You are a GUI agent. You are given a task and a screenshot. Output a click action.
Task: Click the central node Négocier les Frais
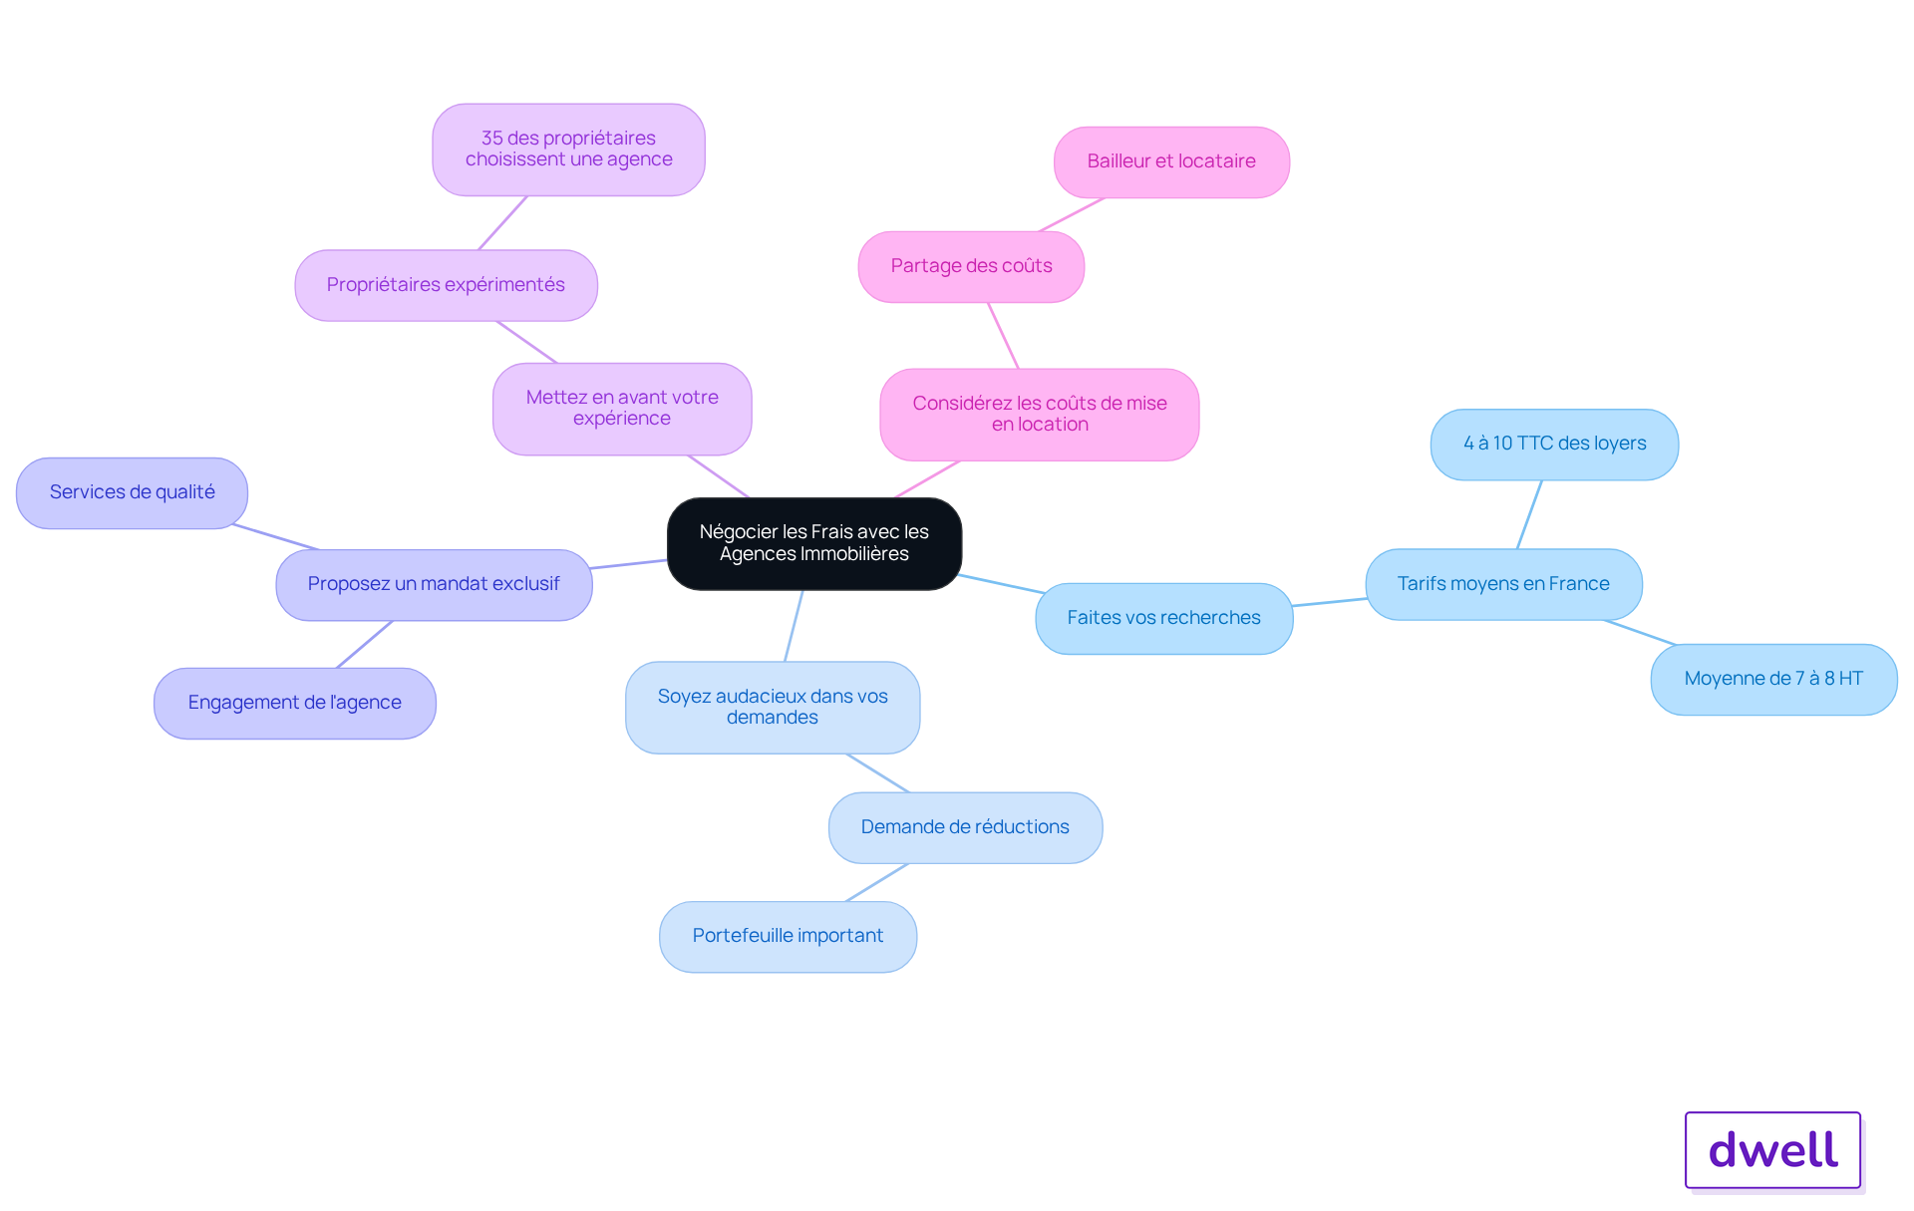pyautogui.click(x=814, y=543)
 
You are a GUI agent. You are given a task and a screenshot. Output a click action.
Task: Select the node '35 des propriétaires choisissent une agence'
pyautogui.click(x=568, y=150)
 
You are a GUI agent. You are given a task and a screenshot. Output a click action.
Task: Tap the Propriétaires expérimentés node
pyautogui.click(x=446, y=285)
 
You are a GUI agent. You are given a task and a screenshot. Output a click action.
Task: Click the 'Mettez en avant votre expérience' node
pyautogui.click(x=622, y=409)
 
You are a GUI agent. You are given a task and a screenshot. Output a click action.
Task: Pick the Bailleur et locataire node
pyautogui.click(x=1171, y=161)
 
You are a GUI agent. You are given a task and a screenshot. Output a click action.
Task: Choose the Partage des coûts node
pyautogui.click(x=971, y=266)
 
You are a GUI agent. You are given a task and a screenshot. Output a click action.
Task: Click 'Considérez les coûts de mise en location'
pyautogui.click(x=1040, y=415)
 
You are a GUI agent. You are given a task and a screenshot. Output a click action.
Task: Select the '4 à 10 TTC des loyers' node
pyautogui.click(x=1554, y=444)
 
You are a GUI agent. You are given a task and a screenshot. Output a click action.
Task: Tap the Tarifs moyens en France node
pyautogui.click(x=1503, y=584)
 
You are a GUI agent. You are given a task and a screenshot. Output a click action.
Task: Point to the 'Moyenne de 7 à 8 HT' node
pyautogui.click(x=1773, y=679)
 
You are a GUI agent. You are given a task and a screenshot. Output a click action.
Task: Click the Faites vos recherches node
pyautogui.click(x=1164, y=618)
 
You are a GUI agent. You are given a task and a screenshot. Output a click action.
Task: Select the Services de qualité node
pyautogui.click(x=132, y=492)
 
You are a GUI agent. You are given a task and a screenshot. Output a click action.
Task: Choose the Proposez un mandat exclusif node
pyautogui.click(x=434, y=584)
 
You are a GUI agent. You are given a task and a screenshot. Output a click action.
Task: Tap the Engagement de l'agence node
pyautogui.click(x=294, y=703)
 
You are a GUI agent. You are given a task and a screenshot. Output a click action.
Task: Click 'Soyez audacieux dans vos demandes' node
pyautogui.click(x=773, y=707)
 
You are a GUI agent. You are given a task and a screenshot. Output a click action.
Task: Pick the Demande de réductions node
pyautogui.click(x=965, y=827)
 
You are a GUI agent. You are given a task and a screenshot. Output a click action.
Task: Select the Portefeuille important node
pyautogui.click(x=788, y=936)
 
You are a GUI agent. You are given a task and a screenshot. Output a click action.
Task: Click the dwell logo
pyautogui.click(x=1773, y=1150)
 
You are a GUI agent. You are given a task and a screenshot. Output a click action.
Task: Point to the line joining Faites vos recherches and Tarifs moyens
pyautogui.click(x=1330, y=602)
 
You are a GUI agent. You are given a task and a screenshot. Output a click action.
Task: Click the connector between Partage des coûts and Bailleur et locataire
pyautogui.click(x=1072, y=214)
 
